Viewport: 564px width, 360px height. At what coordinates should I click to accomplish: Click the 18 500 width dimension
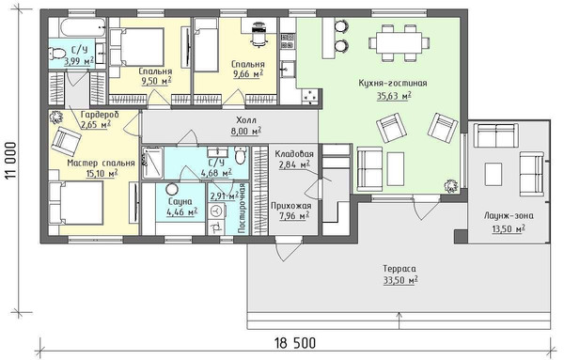point(295,343)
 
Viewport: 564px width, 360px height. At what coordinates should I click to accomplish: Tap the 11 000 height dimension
point(11,161)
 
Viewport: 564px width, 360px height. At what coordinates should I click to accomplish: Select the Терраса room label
point(399,269)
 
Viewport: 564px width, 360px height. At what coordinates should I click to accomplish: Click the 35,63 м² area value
point(394,96)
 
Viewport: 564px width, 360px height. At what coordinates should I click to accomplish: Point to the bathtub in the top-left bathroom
point(83,27)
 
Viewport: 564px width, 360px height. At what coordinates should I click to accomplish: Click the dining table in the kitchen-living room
point(399,42)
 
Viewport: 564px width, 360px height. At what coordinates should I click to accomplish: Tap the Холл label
point(246,119)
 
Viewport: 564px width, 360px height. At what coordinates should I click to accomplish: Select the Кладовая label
point(294,154)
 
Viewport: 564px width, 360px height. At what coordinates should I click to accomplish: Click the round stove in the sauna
point(172,189)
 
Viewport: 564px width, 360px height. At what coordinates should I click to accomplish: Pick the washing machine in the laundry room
point(216,211)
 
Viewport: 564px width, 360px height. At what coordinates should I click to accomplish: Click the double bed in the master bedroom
point(76,202)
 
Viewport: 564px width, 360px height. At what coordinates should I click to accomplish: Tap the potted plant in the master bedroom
point(55,117)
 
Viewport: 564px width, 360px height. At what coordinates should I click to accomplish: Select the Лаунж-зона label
point(509,216)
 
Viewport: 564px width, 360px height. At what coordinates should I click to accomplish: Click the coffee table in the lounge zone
point(493,174)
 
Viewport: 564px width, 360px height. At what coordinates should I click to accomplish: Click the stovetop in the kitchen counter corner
point(310,97)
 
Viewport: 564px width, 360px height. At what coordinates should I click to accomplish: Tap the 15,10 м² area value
point(102,174)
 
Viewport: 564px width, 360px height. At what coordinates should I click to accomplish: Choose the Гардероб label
point(100,115)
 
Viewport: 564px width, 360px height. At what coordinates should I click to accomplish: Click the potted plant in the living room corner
point(450,185)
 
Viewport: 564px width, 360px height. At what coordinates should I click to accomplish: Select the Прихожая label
point(291,206)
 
